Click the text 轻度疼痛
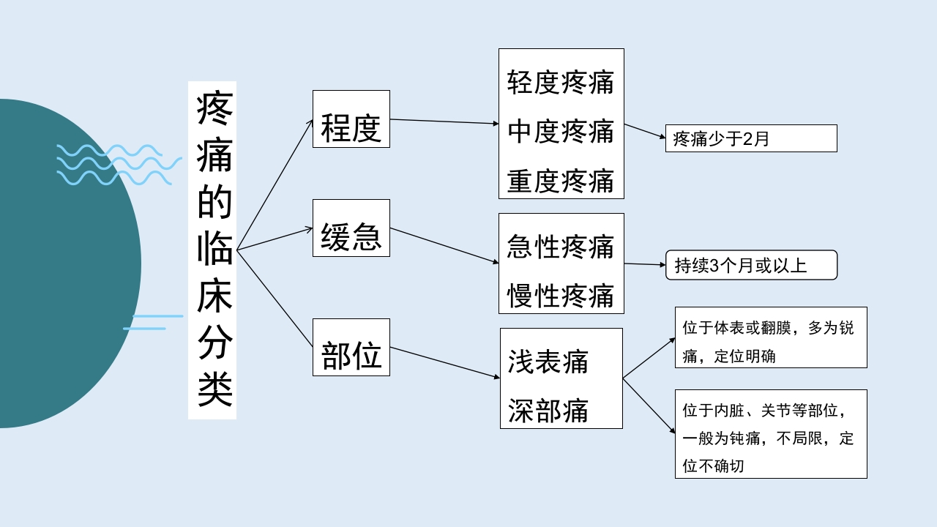[561, 83]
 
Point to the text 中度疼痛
[561, 132]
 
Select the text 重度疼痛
[561, 181]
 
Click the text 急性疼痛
[561, 247]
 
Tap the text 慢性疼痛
[561, 296]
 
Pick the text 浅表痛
[548, 362]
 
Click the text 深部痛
[548, 411]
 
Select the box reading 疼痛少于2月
[750, 138]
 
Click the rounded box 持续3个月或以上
[750, 265]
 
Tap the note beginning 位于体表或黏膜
[770, 337]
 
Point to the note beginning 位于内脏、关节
[770, 434]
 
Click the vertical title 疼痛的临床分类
[212, 250]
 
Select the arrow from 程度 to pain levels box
[444, 122]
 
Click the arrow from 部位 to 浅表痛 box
[444, 362]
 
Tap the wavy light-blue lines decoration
[117, 164]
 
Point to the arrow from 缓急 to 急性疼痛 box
[444, 245]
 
